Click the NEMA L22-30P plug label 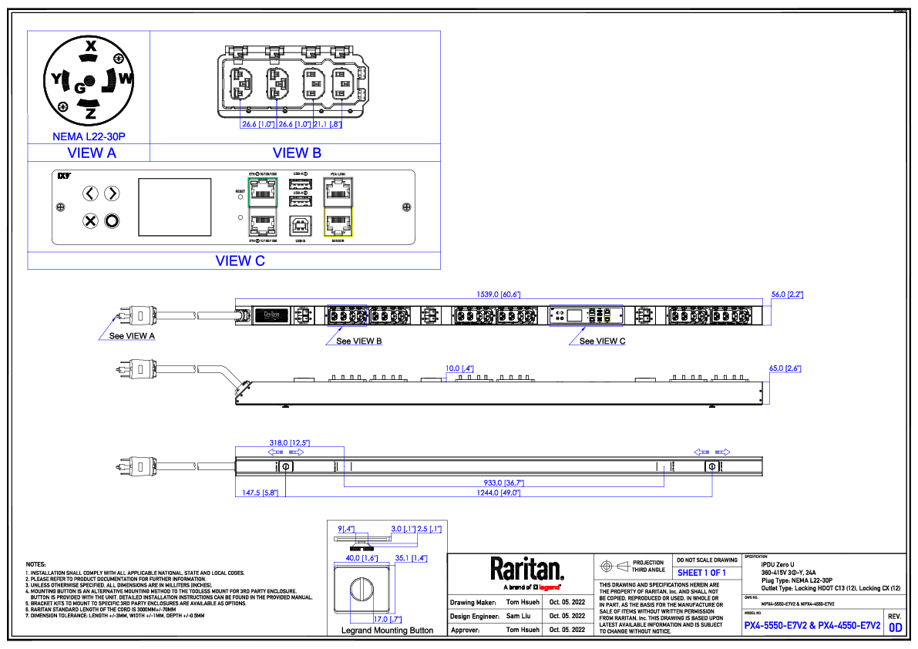(x=89, y=136)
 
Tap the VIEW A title (x=92, y=153)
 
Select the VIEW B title (x=297, y=153)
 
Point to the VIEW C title (x=240, y=261)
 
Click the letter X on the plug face (x=89, y=45)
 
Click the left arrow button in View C (x=91, y=193)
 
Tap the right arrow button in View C (x=112, y=193)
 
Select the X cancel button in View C (x=91, y=221)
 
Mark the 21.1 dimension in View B (x=327, y=123)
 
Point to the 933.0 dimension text (x=504, y=483)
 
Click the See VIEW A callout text (x=132, y=336)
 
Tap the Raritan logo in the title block (x=527, y=569)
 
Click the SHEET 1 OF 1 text (x=701, y=573)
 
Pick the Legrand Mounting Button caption (x=387, y=630)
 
